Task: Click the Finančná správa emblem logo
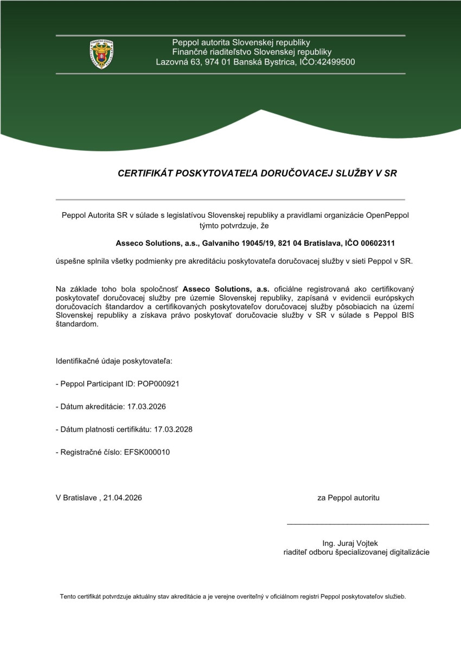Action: pos(101,54)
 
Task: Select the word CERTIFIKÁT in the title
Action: pos(144,174)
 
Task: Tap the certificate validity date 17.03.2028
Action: pos(173,429)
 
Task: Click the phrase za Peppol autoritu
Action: pos(348,497)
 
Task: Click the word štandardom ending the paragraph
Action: pos(77,324)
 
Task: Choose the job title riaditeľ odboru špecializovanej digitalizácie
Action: pos(357,552)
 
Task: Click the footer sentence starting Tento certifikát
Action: pos(233,597)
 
